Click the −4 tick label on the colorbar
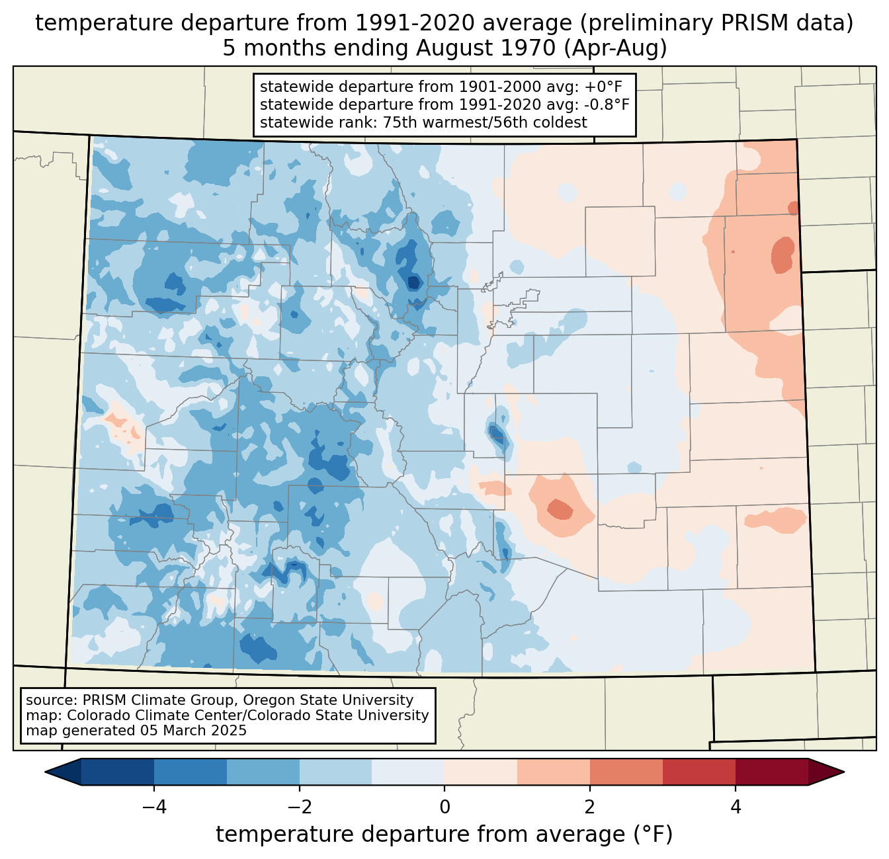154,807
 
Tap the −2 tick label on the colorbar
299,807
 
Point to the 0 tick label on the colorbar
444,807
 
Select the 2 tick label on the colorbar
590,807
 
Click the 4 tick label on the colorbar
735,807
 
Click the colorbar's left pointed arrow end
45,772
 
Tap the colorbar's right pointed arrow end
844,772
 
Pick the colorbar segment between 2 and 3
626,772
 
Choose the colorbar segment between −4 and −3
190,772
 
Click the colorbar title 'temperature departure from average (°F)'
444,834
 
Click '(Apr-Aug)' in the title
616,48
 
